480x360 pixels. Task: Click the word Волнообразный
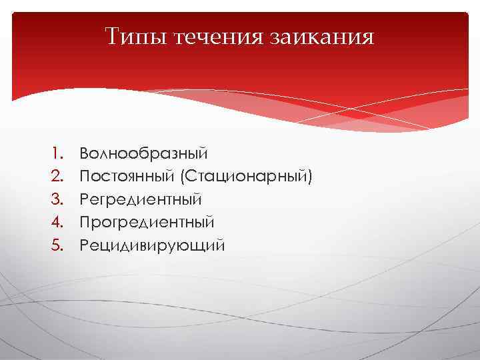143,154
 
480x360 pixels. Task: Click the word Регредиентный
141,199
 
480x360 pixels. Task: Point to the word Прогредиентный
147,222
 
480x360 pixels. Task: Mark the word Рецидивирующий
152,245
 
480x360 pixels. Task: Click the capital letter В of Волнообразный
84,154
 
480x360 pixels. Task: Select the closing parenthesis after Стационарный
309,177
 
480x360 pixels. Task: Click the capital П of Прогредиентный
85,222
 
